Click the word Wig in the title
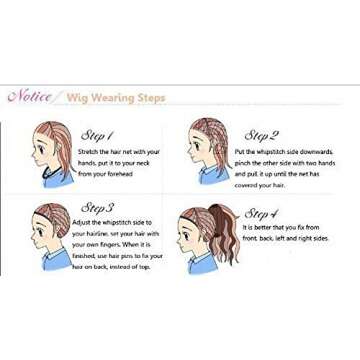[x=78, y=98]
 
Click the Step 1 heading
[x=96, y=134]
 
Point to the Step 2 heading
[x=262, y=134]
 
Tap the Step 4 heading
[x=261, y=213]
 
